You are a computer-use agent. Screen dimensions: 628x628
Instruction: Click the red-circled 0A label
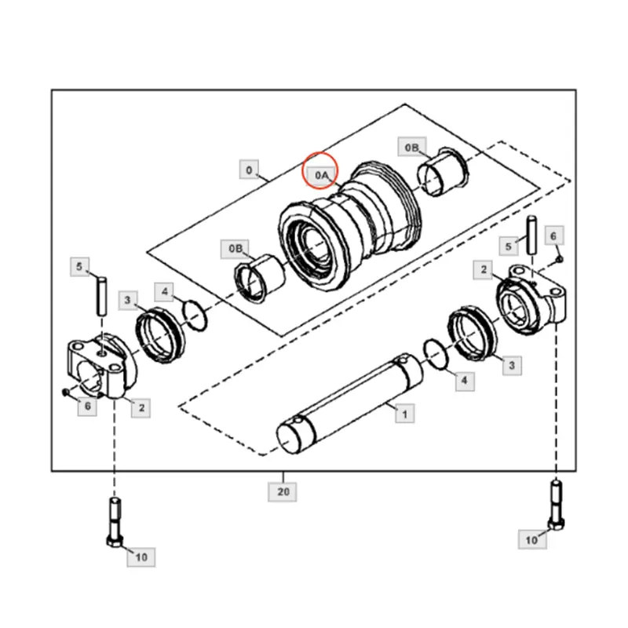tap(321, 176)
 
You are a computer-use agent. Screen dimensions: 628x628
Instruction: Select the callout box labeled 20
tap(283, 491)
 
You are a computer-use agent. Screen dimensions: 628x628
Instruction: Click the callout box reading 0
tap(249, 170)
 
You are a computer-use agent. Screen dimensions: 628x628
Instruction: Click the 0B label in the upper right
tap(413, 147)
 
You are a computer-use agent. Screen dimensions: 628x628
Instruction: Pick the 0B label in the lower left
tap(237, 248)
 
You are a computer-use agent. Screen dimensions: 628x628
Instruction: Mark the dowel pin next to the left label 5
tap(100, 295)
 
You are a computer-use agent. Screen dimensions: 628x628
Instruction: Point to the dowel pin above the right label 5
tap(531, 232)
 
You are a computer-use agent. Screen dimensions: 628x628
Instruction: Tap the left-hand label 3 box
tap(129, 300)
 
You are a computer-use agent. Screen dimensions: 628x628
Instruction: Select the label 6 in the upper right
tap(553, 235)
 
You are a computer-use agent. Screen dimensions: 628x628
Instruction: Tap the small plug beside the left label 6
tap(66, 392)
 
